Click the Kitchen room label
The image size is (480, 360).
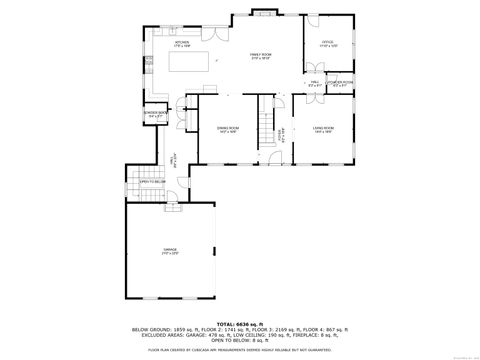pos(181,44)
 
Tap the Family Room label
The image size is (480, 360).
pos(262,58)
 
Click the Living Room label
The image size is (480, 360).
pos(322,129)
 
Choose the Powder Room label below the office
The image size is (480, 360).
pos(339,84)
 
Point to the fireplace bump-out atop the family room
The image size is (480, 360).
pos(264,13)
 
